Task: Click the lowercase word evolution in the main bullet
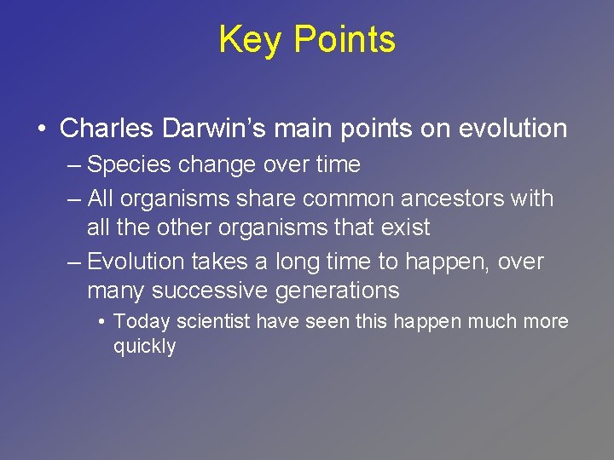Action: pyautogui.click(x=513, y=129)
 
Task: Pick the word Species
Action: pyautogui.click(x=125, y=164)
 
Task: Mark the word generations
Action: pyautogui.click(x=335, y=290)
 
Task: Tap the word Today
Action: pyautogui.click(x=138, y=322)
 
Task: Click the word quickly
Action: pyautogui.click(x=144, y=347)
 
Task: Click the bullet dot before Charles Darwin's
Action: pyautogui.click(x=41, y=129)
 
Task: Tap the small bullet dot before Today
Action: pyautogui.click(x=101, y=323)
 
